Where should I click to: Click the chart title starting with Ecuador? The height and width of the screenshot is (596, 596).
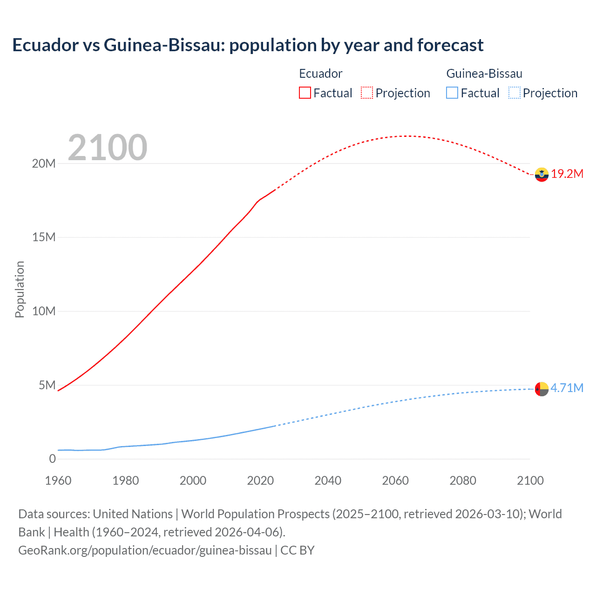pos(248,45)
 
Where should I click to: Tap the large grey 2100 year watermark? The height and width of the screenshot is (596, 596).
pos(108,148)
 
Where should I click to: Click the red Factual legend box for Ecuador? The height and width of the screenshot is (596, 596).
pos(305,93)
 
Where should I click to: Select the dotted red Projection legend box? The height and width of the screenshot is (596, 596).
pos(367,93)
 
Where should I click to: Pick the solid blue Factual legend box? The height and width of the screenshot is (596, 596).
pos(452,93)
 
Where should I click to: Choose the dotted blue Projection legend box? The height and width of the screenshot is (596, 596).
pos(514,93)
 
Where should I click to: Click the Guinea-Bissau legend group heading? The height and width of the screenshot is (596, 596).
pos(484,74)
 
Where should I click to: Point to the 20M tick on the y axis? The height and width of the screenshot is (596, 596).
pos(44,163)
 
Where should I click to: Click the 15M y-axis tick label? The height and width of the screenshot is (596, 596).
pos(44,237)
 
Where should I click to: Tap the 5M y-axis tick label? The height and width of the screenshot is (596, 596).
pos(47,385)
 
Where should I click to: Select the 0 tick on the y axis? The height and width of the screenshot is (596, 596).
pos(52,459)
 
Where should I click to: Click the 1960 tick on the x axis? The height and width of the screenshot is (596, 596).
pos(58,481)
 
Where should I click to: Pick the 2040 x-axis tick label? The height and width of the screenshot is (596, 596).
pos(328,481)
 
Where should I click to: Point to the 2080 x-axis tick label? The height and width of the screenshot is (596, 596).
pos(463,481)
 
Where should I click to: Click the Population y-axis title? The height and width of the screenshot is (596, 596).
pos(20,289)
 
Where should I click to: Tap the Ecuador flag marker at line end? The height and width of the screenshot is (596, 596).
pos(542,175)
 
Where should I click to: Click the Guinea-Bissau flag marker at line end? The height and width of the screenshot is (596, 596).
pos(542,389)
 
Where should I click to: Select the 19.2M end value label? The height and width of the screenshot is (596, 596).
pos(567,174)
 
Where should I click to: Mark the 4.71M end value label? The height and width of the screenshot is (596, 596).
pos(567,388)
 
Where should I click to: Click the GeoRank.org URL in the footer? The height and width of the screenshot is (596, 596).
pos(145,550)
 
